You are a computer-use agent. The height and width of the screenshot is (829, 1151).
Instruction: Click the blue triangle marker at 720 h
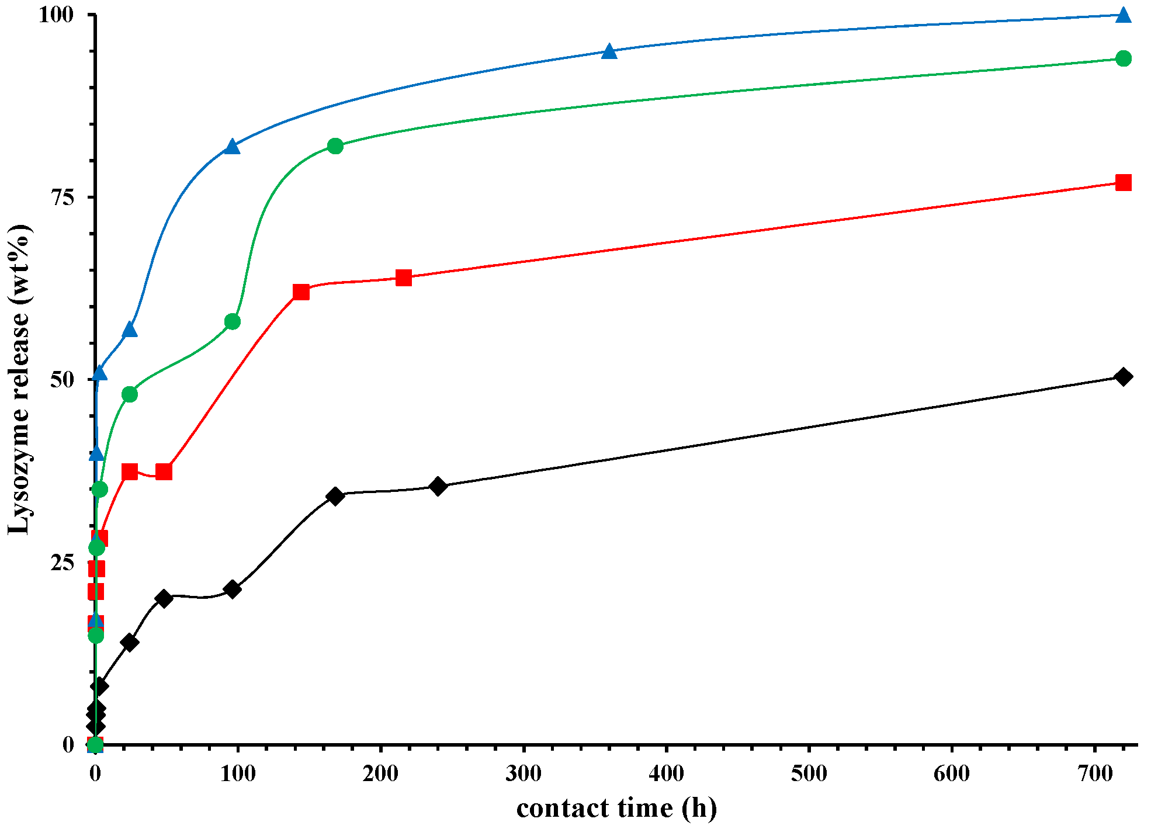(x=1122, y=15)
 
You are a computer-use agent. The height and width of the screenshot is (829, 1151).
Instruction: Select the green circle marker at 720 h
(x=1122, y=58)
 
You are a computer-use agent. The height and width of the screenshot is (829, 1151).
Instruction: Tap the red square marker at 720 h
(x=1122, y=183)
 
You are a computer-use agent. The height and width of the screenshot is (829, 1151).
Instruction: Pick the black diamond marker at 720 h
(x=1122, y=377)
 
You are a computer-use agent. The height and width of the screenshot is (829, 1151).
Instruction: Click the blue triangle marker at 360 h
(x=609, y=51)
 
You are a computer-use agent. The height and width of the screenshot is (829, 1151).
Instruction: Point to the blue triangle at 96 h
(x=232, y=147)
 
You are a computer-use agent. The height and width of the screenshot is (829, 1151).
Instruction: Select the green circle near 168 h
(x=335, y=146)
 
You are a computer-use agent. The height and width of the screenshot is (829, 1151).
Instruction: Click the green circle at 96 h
(x=232, y=322)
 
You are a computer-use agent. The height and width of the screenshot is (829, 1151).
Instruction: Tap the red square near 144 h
(x=301, y=292)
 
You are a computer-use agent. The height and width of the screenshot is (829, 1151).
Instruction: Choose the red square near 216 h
(x=403, y=278)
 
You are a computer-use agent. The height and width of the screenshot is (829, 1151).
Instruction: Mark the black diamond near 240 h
(x=438, y=486)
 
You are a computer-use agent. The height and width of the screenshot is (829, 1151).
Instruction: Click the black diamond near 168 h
(x=335, y=497)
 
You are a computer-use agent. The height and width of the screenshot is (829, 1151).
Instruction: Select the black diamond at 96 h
(x=232, y=589)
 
